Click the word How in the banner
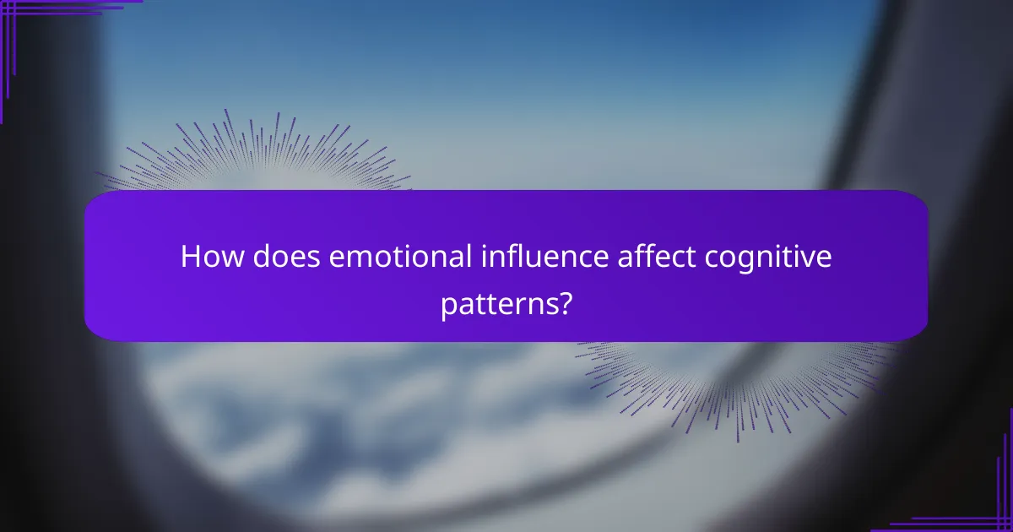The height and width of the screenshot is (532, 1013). point(207,258)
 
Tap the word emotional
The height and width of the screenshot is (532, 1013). point(399,258)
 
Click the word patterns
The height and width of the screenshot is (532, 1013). point(496,303)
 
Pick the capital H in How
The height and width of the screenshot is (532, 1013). point(189,258)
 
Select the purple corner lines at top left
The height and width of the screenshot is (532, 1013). point(34,17)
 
